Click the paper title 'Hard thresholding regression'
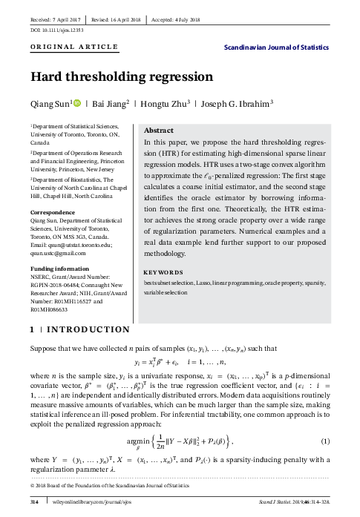[121, 76]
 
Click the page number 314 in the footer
[33, 503]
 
